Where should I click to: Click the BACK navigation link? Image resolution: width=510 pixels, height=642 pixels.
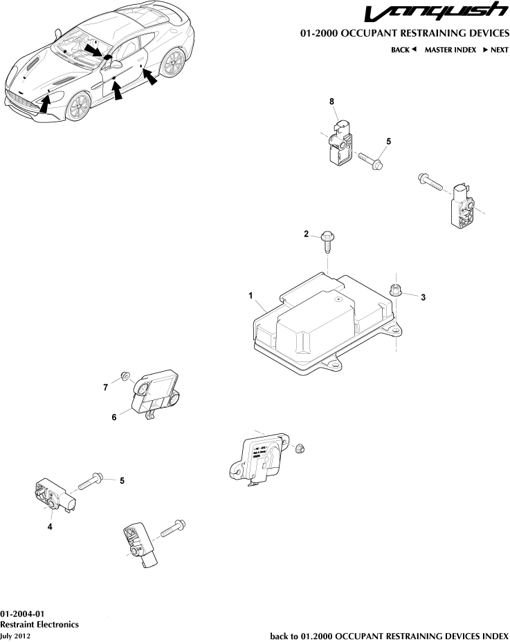[404, 50]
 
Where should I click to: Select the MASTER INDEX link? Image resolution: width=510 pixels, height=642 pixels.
[450, 50]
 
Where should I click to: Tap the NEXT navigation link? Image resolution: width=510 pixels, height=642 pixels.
[495, 50]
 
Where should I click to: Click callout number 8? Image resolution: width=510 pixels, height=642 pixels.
[332, 102]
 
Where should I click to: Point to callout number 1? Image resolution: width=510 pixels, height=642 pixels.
[251, 295]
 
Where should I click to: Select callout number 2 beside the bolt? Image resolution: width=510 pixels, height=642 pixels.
[306, 235]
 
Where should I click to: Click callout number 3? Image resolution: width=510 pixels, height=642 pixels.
[423, 297]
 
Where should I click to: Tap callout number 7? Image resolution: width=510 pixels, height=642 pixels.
[106, 388]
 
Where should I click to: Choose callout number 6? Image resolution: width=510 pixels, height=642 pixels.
[114, 417]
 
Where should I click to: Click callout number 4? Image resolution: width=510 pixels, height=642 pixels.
[50, 527]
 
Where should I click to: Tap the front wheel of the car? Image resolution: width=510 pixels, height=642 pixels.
[78, 106]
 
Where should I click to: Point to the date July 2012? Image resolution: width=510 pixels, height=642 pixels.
[15, 635]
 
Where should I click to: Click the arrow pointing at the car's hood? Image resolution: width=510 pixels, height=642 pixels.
[44, 104]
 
